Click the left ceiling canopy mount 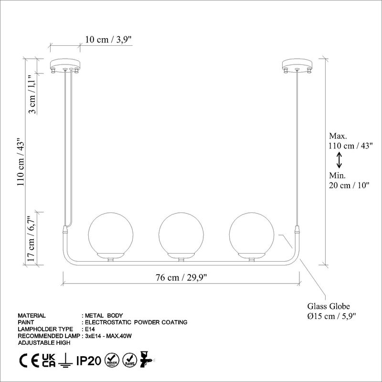click(x=67, y=64)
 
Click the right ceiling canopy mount click(x=297, y=64)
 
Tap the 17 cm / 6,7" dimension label click(x=32, y=239)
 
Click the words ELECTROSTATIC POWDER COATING click(x=136, y=322)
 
